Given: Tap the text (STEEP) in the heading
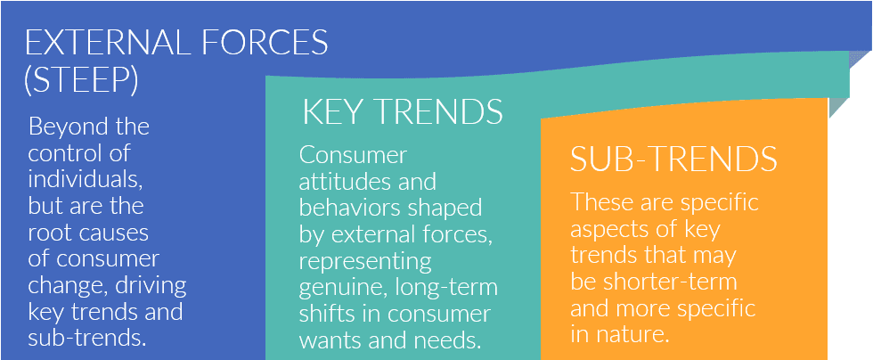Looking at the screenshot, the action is point(81,81).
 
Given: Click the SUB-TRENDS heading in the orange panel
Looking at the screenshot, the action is point(673,159).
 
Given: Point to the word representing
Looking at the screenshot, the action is point(365,261).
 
